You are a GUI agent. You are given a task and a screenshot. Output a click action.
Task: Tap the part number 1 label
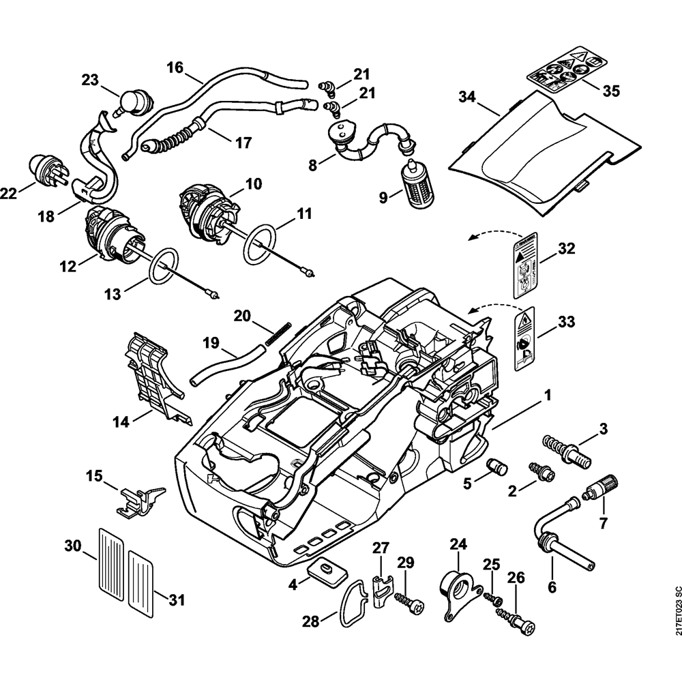click(546, 395)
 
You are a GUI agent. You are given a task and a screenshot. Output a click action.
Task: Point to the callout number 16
click(175, 68)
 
